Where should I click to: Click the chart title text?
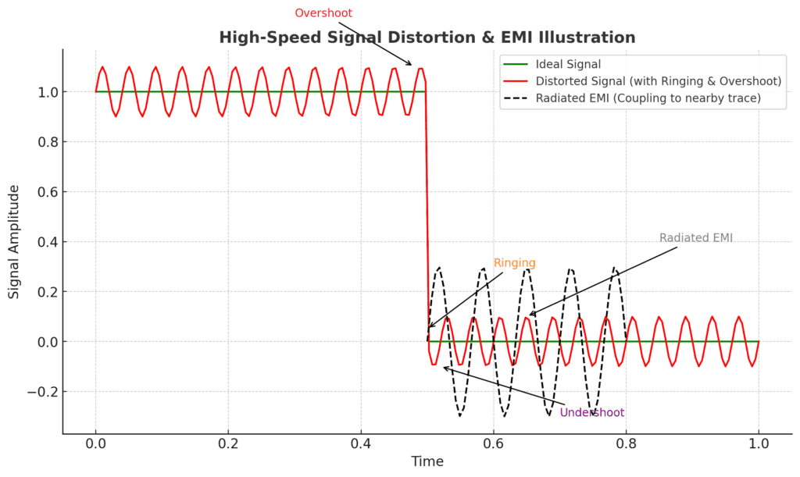point(427,37)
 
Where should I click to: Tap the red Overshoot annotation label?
point(323,13)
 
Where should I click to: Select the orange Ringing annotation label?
point(514,263)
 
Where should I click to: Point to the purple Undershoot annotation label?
point(591,413)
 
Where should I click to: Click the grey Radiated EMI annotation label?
point(695,238)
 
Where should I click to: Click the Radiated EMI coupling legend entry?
point(648,98)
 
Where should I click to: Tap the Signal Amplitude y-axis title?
point(14,243)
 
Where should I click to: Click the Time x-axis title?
point(427,461)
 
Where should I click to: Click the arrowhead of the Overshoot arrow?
point(410,65)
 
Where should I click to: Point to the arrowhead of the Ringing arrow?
point(430,326)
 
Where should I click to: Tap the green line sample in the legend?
point(516,64)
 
